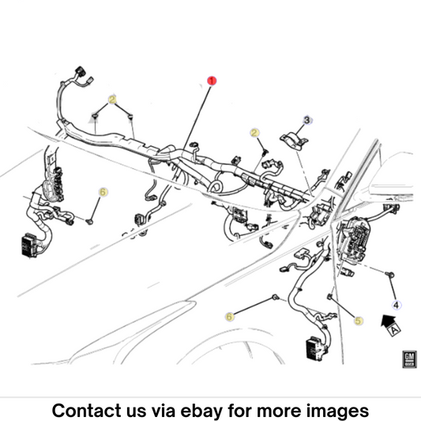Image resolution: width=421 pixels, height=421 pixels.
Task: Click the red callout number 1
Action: [x=212, y=81]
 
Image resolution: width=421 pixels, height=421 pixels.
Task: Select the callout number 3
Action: [x=307, y=120]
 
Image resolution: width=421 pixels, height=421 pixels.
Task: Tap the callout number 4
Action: [x=397, y=305]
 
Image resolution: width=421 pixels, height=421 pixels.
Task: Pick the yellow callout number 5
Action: [x=358, y=321]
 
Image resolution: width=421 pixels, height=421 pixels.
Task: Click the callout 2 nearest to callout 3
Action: [x=254, y=133]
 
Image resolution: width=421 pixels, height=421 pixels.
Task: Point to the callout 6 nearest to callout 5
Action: [x=229, y=317]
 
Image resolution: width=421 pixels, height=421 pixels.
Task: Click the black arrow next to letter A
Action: [x=388, y=321]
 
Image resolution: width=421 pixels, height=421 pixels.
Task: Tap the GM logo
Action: [x=409, y=359]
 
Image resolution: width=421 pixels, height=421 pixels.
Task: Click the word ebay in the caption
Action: [x=201, y=411]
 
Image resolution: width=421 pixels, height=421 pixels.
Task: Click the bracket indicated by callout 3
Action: [x=294, y=140]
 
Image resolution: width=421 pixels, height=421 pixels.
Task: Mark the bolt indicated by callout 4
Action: [x=390, y=274]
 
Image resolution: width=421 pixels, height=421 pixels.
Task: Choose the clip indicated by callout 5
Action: [x=329, y=297]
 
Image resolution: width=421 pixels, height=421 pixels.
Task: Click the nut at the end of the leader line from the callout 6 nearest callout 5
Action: [x=275, y=297]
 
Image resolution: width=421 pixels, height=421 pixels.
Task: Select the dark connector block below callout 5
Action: [x=317, y=348]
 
